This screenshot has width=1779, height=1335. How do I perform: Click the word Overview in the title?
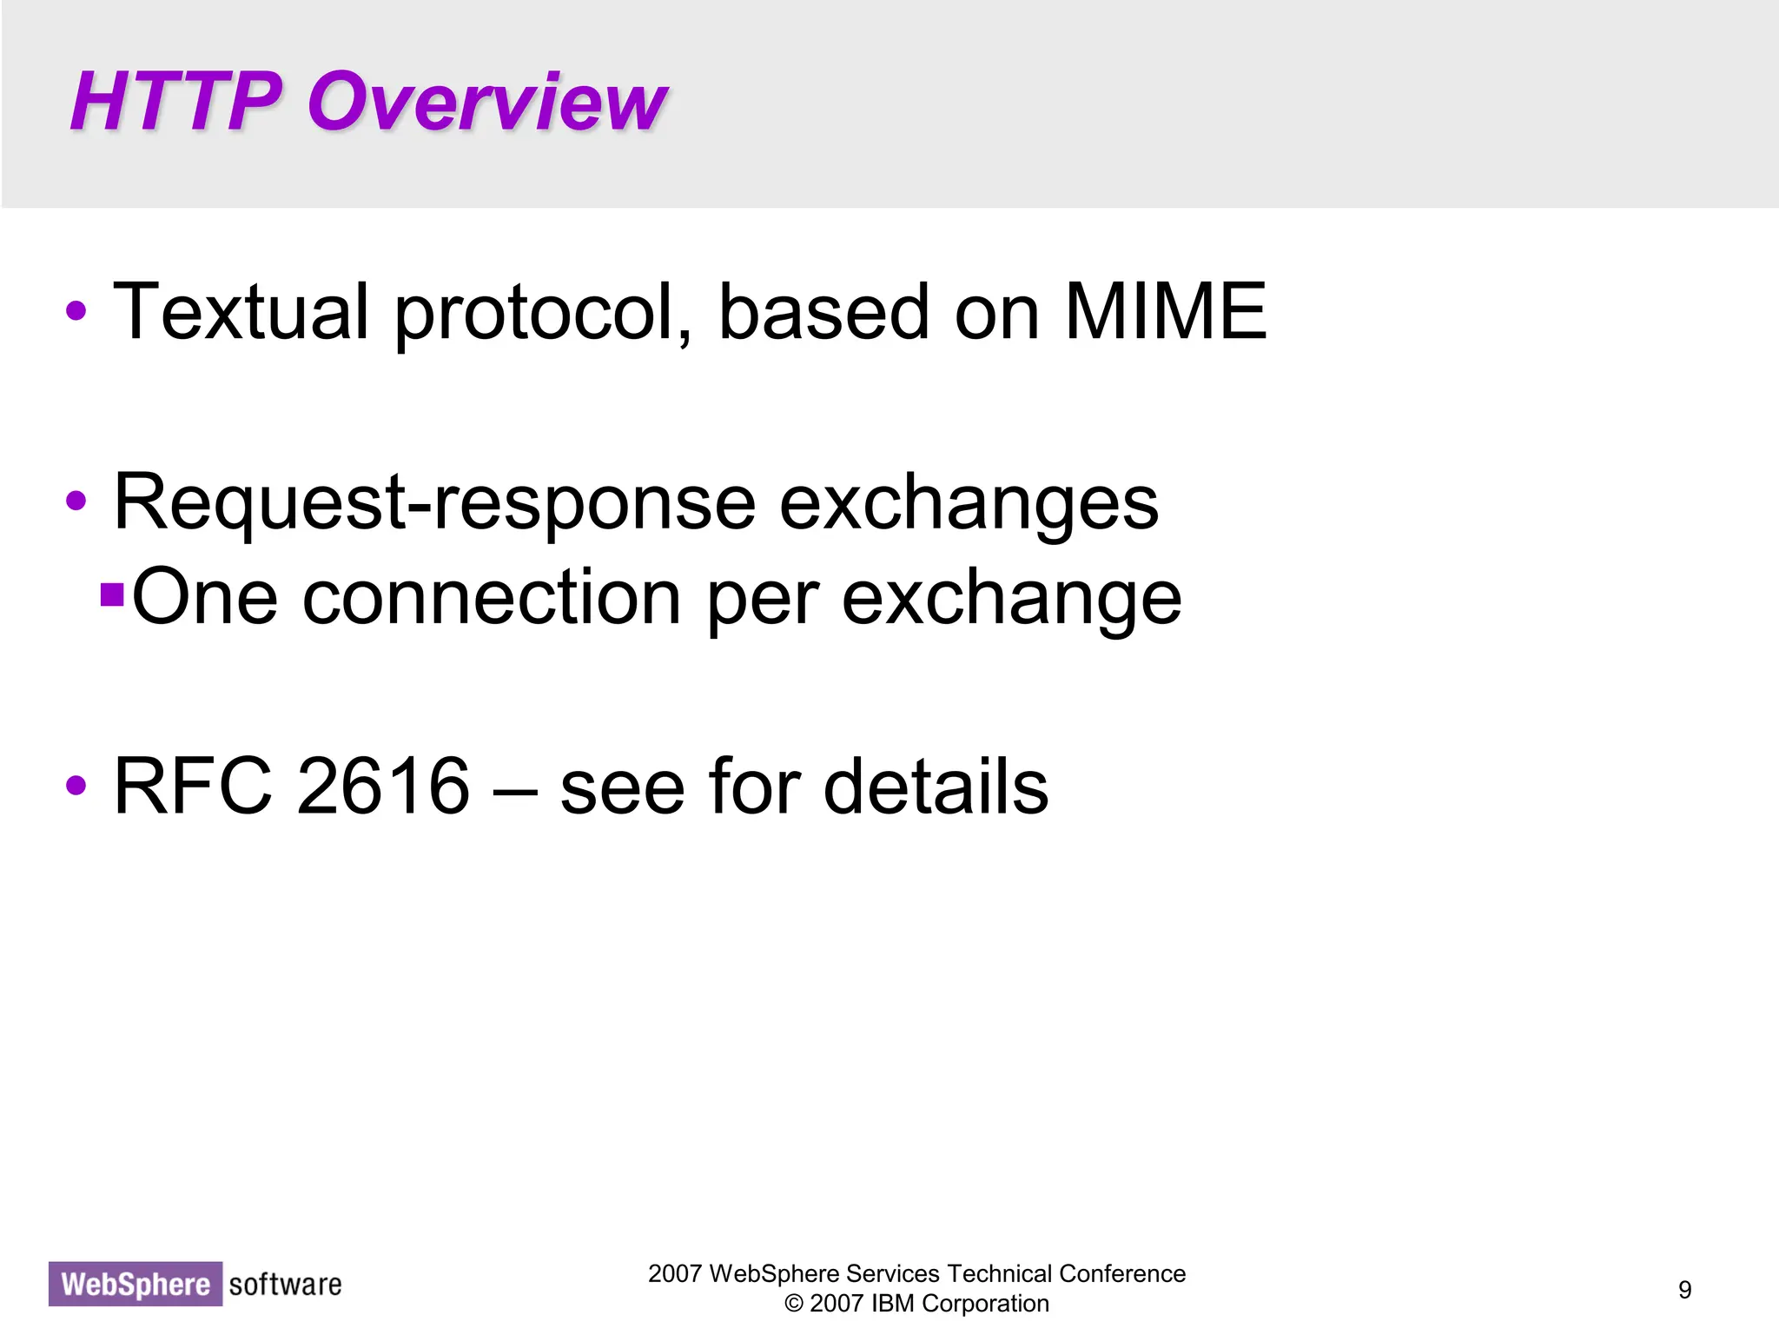(x=486, y=102)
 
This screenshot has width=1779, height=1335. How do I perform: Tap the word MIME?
(x=1165, y=312)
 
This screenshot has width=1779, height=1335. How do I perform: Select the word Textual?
(x=241, y=312)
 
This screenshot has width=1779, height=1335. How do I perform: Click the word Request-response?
(x=434, y=504)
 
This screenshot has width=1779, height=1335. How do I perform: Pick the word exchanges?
(x=969, y=504)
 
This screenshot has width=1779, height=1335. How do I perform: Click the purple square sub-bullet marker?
(x=112, y=594)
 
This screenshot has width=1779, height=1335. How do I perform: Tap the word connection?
(x=492, y=598)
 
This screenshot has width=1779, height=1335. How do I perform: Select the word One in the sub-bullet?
(x=205, y=598)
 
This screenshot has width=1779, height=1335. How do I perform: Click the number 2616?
(x=382, y=787)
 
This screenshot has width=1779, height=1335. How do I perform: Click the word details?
(x=936, y=787)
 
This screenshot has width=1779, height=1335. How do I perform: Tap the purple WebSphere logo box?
(x=136, y=1284)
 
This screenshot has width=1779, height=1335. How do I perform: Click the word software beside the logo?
(x=285, y=1284)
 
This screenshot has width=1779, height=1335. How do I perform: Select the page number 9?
(x=1684, y=1290)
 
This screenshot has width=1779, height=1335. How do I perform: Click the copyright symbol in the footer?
(x=793, y=1304)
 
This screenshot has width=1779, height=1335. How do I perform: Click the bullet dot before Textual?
(x=76, y=311)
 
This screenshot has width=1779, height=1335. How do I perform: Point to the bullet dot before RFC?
(x=76, y=786)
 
